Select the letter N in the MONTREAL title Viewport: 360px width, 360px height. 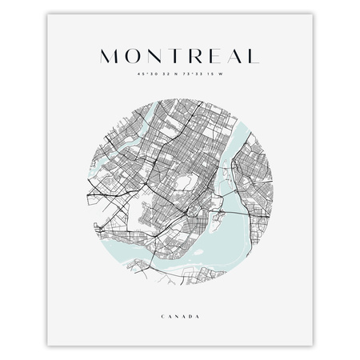click(x=150, y=57)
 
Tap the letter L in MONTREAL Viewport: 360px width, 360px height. click(x=250, y=57)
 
